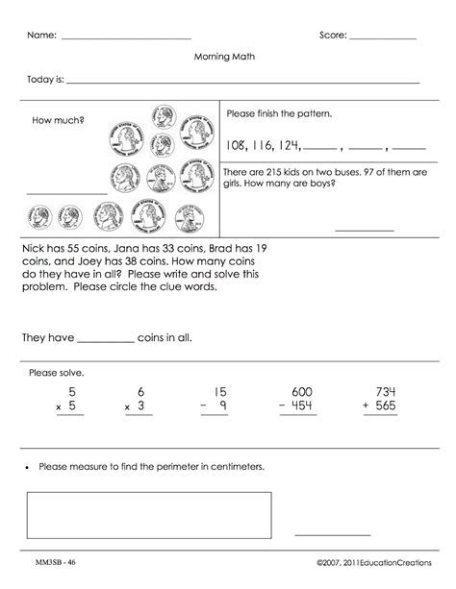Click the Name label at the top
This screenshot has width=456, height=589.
[40, 35]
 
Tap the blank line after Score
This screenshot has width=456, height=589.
[382, 37]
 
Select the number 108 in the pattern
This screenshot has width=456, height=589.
[236, 146]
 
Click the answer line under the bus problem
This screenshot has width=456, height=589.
[364, 231]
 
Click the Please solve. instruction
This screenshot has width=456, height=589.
[57, 372]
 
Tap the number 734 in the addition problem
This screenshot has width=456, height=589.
[386, 392]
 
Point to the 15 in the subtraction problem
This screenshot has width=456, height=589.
[220, 392]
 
